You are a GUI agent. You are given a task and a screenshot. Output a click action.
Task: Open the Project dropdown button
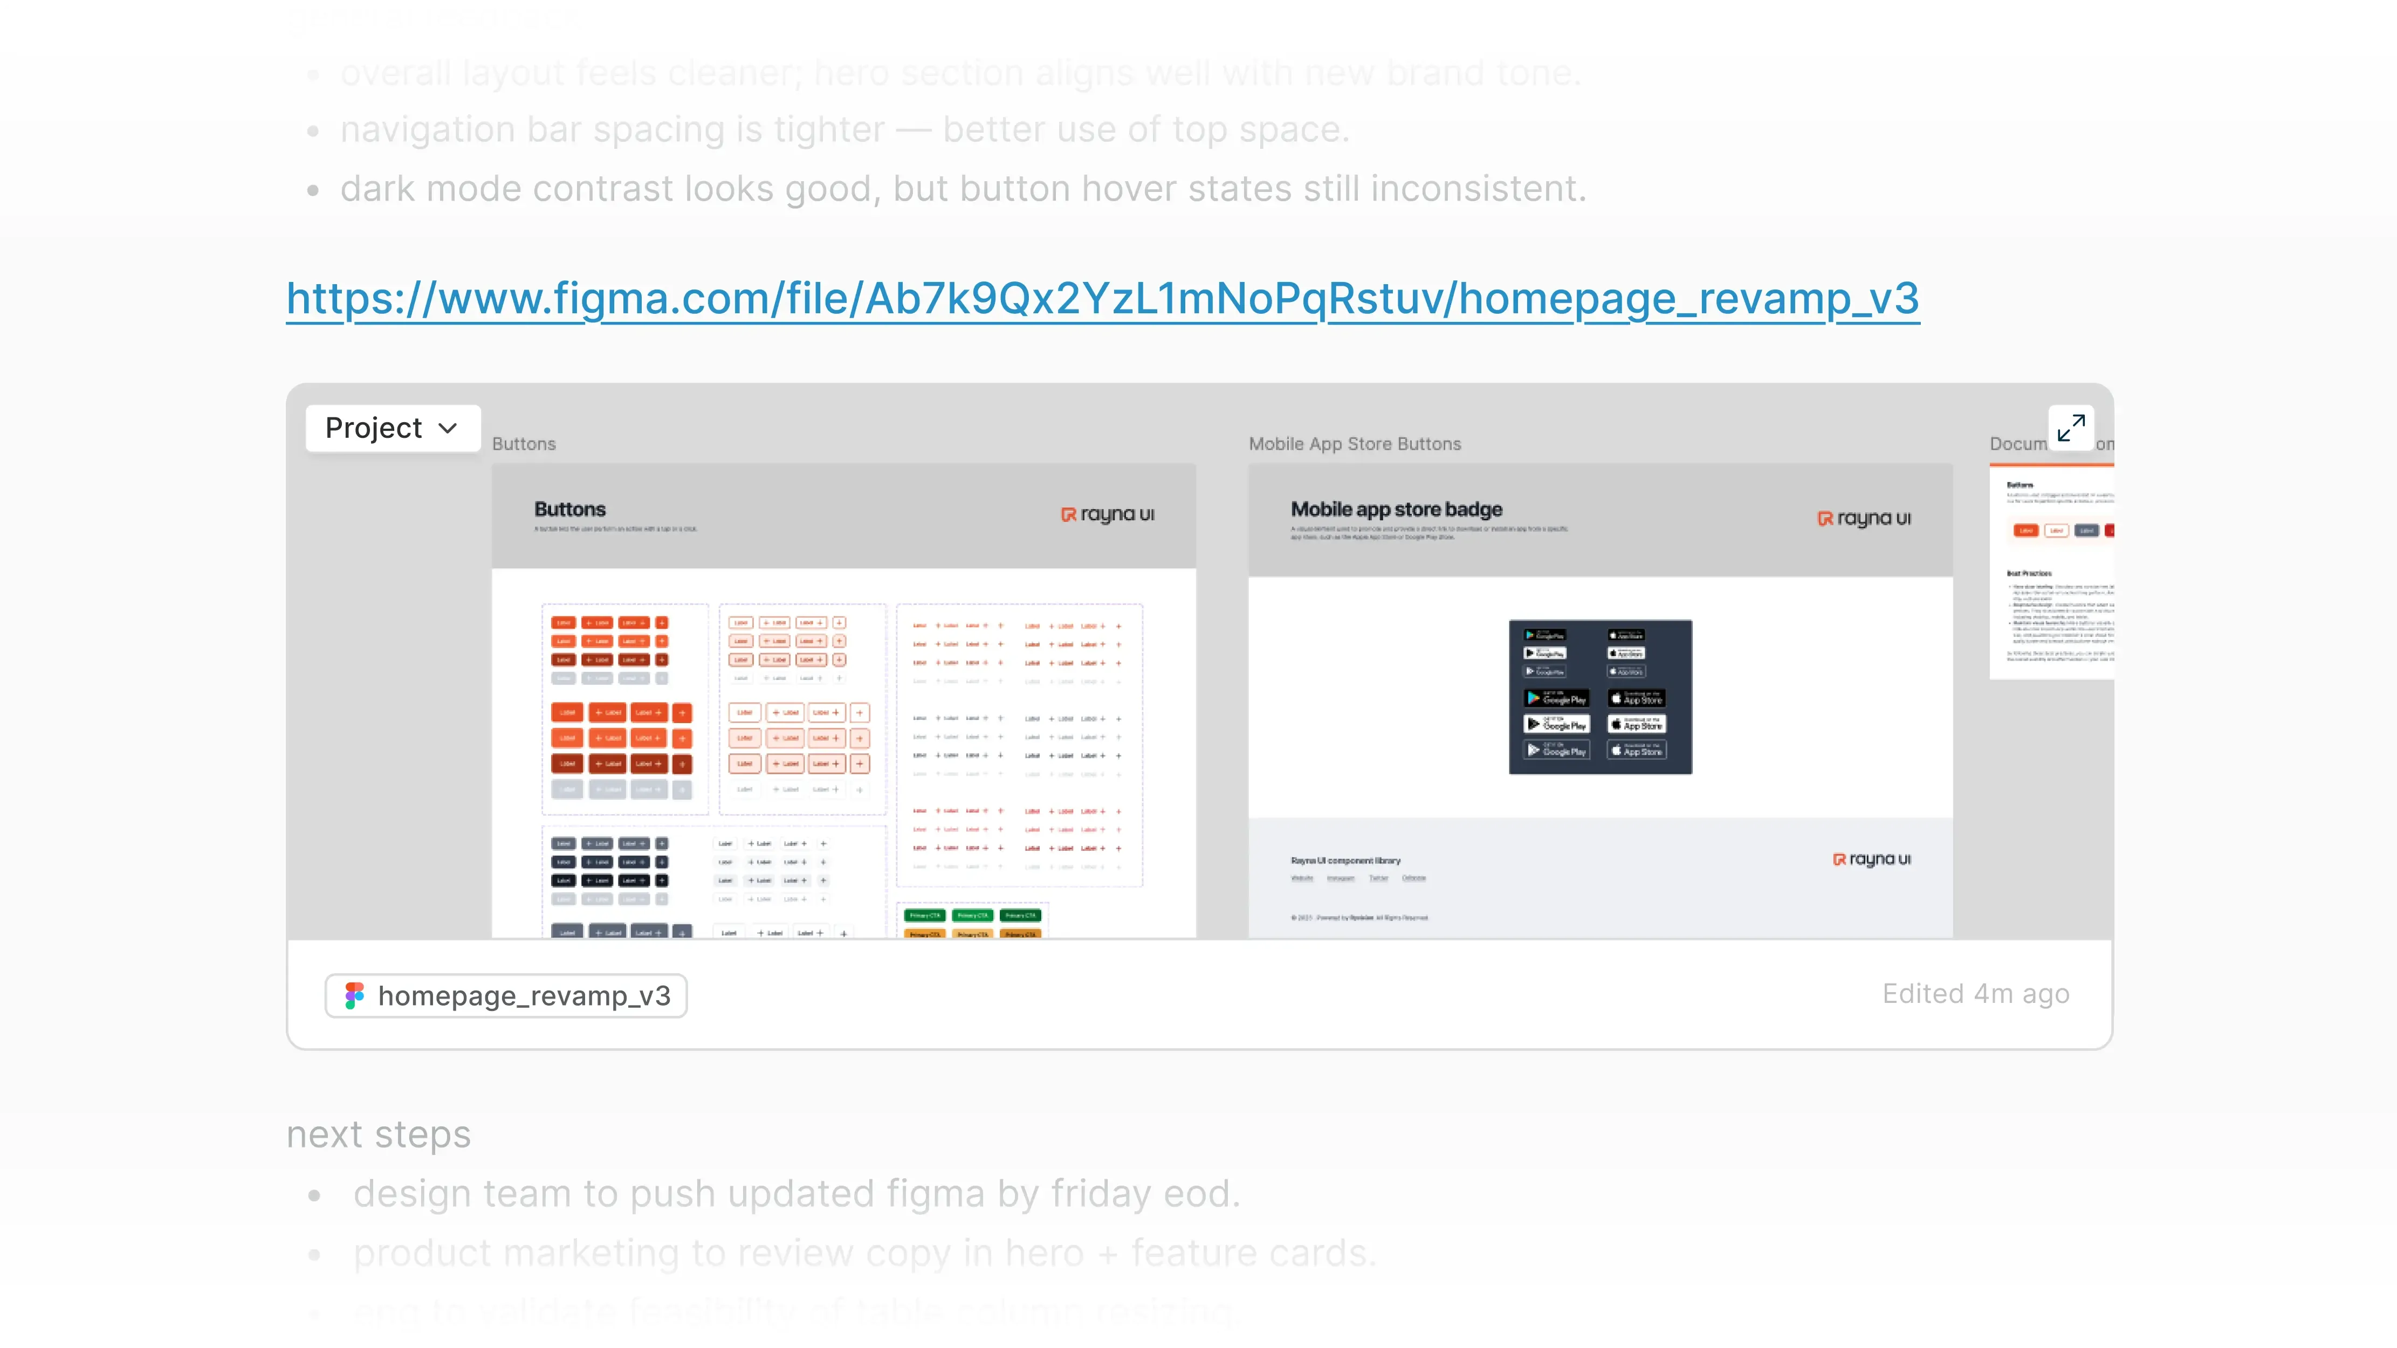[x=392, y=428]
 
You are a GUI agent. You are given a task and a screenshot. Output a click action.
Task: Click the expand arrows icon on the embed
[x=2070, y=428]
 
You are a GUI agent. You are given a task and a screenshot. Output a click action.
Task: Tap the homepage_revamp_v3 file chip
[x=505, y=995]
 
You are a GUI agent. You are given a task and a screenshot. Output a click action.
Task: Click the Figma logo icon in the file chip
[x=354, y=995]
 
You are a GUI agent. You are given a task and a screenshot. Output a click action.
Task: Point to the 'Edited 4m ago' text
[x=1975, y=994]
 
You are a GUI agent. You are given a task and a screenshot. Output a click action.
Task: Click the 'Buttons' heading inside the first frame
[x=569, y=510]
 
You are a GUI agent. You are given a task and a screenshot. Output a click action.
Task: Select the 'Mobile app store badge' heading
[x=1396, y=510]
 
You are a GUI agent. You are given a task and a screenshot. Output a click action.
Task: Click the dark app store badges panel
[x=1599, y=697]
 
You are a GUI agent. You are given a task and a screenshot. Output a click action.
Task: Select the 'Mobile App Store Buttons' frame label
[x=1354, y=444]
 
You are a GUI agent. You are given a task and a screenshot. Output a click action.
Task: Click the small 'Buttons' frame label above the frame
[x=524, y=444]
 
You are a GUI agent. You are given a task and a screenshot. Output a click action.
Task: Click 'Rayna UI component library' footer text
[x=1344, y=861]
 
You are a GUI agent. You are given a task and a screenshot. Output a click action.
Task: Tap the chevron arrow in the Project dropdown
[x=448, y=428]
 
